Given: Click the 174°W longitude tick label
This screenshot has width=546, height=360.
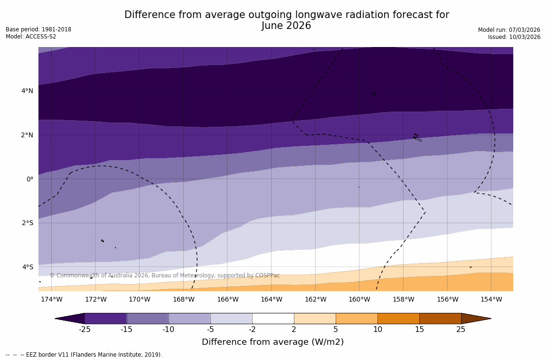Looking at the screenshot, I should click(51, 300).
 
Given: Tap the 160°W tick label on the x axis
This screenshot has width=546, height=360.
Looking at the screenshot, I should click(359, 300).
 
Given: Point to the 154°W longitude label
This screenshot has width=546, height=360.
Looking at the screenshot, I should click(491, 300).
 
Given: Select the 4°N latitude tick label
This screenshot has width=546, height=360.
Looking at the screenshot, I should click(27, 91).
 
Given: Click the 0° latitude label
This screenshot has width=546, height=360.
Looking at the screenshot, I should click(30, 179).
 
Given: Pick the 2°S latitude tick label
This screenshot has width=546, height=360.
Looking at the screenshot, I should click(27, 223).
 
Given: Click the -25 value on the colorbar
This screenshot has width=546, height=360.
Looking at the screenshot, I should click(85, 330).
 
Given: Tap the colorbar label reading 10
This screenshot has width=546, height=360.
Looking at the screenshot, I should click(377, 330).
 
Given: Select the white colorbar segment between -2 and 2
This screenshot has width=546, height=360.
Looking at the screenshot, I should click(273, 319).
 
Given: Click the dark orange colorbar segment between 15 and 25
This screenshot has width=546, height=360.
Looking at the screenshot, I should click(440, 319).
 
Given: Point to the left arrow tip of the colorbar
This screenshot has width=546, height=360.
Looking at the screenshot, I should click(57, 319).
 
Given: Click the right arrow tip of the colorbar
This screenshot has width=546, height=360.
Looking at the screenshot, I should click(490, 319).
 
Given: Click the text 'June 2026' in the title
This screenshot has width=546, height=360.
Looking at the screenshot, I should click(286, 26).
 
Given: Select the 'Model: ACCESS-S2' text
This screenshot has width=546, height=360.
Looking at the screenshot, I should click(31, 37).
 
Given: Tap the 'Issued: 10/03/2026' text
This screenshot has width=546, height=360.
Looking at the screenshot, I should click(514, 37).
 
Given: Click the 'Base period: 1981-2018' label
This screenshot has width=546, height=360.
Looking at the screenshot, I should click(38, 29).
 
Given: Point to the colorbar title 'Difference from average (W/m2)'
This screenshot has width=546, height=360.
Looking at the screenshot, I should click(273, 342).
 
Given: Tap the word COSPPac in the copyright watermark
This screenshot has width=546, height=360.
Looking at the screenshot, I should click(268, 275).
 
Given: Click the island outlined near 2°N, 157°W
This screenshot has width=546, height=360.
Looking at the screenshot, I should click(416, 137).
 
